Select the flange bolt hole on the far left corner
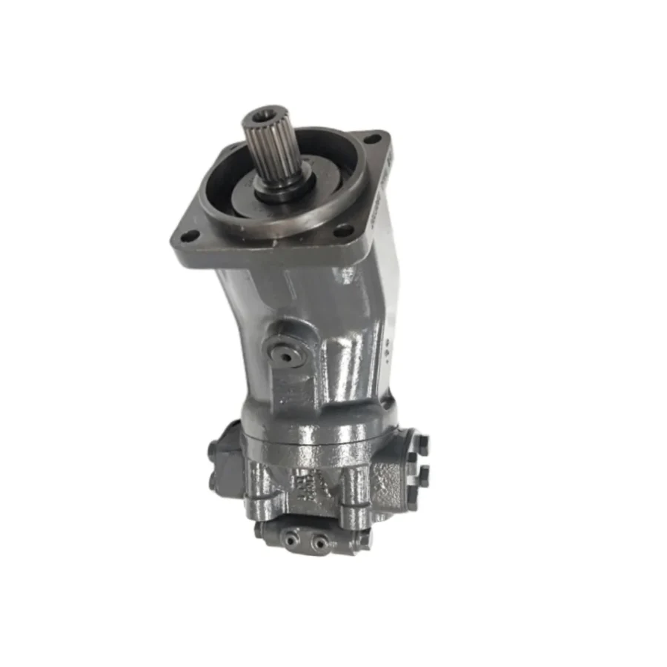point(190,236)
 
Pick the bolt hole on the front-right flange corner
point(342,231)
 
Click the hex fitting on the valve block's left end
point(260,530)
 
